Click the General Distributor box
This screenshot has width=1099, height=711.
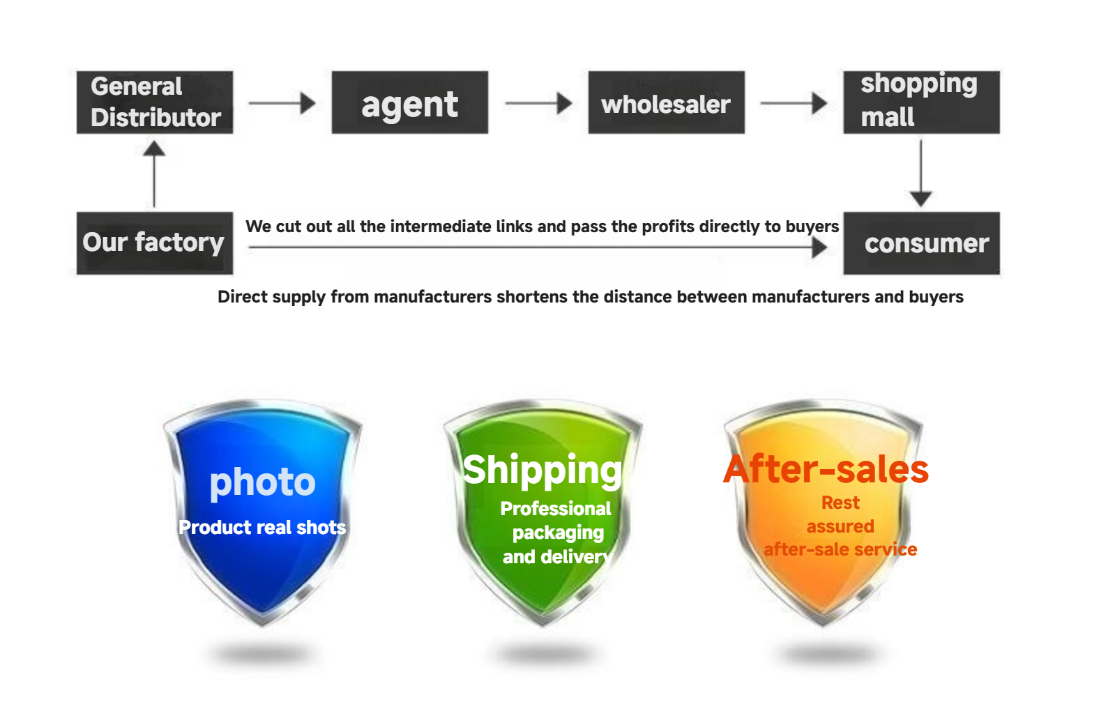(155, 102)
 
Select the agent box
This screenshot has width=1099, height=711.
(409, 102)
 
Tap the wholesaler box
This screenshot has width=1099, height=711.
(666, 102)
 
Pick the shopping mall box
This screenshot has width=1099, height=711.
(921, 102)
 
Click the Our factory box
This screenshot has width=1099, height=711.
(155, 243)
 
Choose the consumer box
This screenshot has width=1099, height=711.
(921, 243)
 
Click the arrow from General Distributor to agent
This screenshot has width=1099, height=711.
(282, 103)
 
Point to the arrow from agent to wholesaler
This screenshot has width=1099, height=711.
(539, 103)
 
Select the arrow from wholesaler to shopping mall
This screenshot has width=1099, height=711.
(794, 103)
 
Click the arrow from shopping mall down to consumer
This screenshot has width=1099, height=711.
(921, 173)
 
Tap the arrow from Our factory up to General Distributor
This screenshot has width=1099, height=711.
(154, 174)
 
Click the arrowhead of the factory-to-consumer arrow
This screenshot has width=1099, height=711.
(819, 247)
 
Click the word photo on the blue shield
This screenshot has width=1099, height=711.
(262, 483)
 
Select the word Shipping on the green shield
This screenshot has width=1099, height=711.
(543, 471)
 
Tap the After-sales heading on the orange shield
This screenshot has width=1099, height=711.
(826, 469)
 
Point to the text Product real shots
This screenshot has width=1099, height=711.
(262, 527)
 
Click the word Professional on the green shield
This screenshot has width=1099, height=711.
(555, 509)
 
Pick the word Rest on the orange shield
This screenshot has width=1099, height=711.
(840, 503)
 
